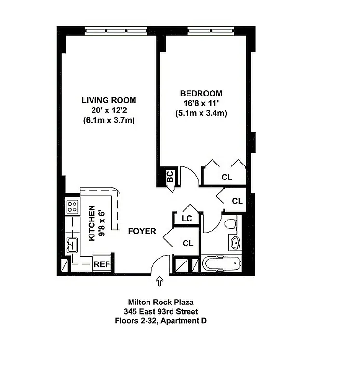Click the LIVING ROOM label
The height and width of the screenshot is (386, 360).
(x=108, y=100)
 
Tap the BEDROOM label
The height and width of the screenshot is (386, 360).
(x=201, y=94)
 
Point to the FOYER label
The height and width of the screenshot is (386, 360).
(x=142, y=231)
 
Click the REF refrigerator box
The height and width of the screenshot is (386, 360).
(x=102, y=264)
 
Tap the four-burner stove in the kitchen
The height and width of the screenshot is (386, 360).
(x=72, y=207)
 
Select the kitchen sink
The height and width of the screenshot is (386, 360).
(x=72, y=245)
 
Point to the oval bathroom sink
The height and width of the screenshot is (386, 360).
(x=236, y=243)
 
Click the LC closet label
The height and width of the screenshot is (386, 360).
(x=187, y=219)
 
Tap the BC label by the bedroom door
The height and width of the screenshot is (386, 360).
(x=170, y=177)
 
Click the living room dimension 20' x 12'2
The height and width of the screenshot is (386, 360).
(x=108, y=110)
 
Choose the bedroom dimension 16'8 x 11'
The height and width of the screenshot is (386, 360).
(x=201, y=103)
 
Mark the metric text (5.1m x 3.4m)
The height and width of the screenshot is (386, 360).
(x=201, y=113)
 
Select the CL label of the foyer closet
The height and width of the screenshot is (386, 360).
(x=187, y=243)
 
